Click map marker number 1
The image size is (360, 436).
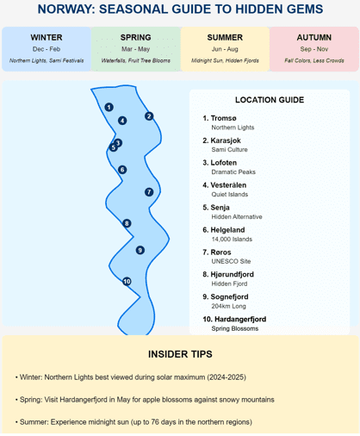109,107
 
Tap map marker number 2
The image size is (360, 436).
149,116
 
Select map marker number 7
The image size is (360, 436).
149,192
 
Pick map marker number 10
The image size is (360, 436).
127,281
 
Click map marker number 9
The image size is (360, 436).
140,250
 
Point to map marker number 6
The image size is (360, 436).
122,170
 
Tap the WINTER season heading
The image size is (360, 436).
47,37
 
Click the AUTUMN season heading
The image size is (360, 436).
314,37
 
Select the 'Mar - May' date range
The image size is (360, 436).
135,49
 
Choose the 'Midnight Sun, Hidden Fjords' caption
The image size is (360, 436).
225,60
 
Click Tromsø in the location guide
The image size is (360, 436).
223,118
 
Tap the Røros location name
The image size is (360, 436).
220,252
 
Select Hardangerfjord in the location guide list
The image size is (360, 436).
240,319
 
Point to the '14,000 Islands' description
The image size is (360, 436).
232,239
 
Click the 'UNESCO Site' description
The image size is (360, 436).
231,261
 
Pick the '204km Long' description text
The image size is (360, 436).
229,306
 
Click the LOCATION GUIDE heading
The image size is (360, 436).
270,100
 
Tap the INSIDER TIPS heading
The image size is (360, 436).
180,354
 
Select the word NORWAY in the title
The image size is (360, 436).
66,9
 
